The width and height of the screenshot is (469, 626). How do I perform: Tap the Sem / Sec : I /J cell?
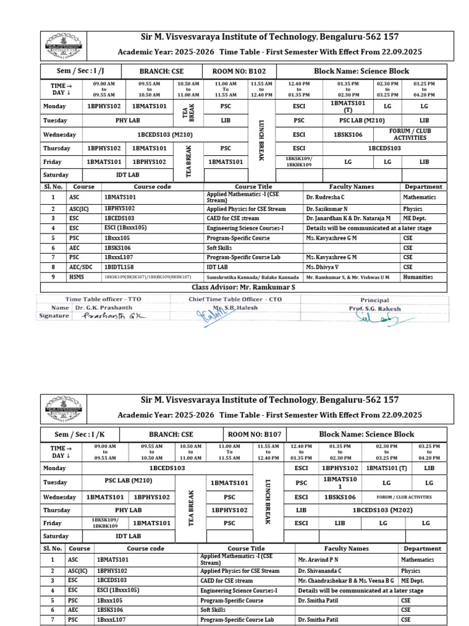(x=81, y=71)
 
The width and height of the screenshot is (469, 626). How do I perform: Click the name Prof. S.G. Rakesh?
(x=375, y=309)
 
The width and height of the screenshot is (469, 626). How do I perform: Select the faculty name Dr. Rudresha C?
(x=325, y=198)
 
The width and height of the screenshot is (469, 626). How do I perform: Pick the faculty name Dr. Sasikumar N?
(x=327, y=209)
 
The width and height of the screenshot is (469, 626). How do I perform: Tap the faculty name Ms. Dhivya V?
(x=322, y=267)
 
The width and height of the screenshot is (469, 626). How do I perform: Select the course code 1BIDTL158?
(x=120, y=267)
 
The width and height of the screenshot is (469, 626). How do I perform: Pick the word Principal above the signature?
(x=374, y=300)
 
